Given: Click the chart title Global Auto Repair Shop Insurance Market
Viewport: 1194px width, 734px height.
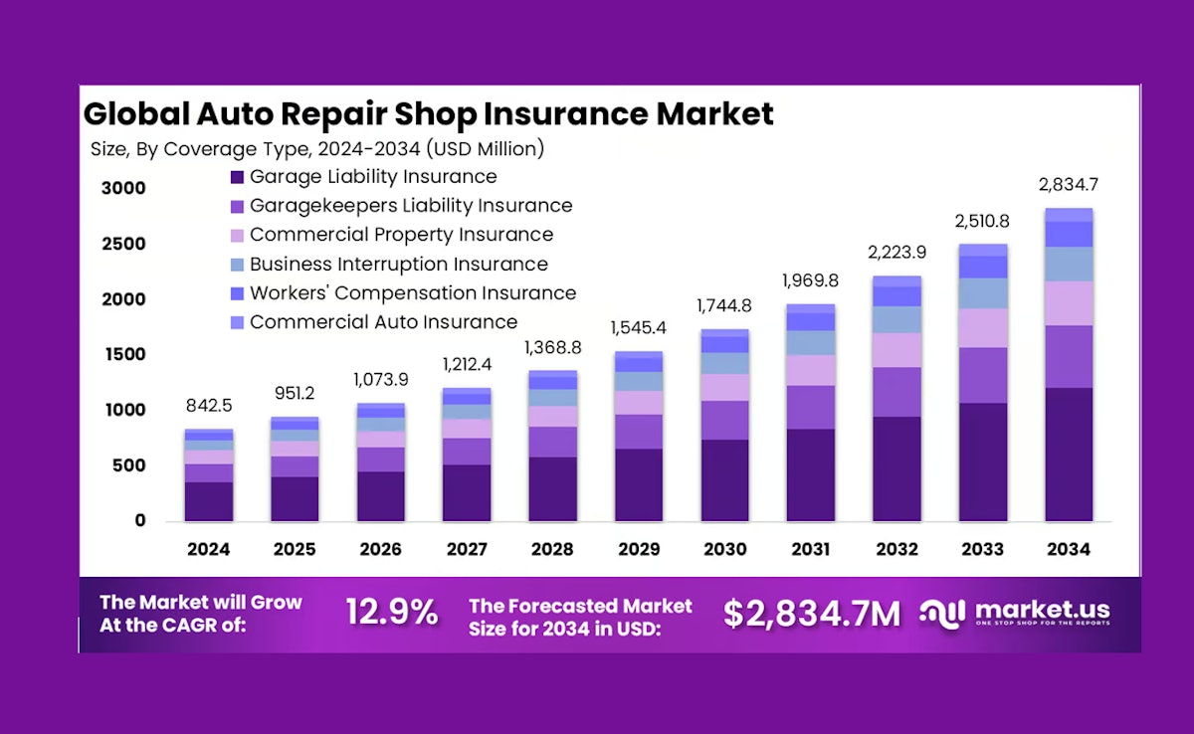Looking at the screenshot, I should (x=428, y=113).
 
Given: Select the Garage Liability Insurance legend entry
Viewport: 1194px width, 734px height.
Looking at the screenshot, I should (x=372, y=177).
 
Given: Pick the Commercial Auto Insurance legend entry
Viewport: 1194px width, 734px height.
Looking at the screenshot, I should (x=383, y=322).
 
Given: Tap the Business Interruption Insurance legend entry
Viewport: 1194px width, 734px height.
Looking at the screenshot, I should (x=398, y=265).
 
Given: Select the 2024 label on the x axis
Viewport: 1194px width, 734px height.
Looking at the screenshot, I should (x=208, y=550).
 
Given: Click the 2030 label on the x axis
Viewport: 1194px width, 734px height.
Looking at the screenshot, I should (x=724, y=550).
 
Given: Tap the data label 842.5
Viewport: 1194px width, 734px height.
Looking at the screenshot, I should (x=208, y=407).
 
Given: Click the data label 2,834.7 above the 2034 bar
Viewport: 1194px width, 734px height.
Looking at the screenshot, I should (x=1068, y=185).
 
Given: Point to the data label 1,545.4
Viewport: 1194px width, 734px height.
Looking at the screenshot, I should (x=639, y=326).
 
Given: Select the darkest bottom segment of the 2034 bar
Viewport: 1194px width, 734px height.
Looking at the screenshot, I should (x=1069, y=454).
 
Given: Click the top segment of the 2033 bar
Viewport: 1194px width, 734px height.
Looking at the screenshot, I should (x=983, y=250).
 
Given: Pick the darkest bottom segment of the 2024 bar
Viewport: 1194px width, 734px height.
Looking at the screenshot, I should (x=208, y=501).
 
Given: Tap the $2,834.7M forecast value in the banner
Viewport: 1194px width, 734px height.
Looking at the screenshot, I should (x=811, y=614).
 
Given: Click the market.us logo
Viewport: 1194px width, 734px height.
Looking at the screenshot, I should (x=1014, y=613).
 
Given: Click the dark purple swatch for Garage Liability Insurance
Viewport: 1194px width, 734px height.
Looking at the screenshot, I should (x=237, y=178).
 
